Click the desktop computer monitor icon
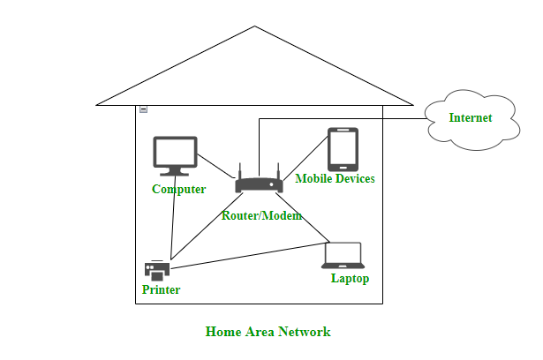pyautogui.click(x=174, y=155)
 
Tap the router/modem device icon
pyautogui.click(x=259, y=185)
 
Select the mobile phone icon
pyautogui.click(x=343, y=149)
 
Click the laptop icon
pyautogui.click(x=343, y=255)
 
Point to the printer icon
pyautogui.click(x=156, y=271)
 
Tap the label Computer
pyautogui.click(x=178, y=190)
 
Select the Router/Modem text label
pyautogui.click(x=261, y=216)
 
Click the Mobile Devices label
pyautogui.click(x=335, y=179)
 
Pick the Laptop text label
pyautogui.click(x=350, y=279)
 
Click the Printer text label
pyautogui.click(x=161, y=290)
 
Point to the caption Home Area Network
pyautogui.click(x=268, y=333)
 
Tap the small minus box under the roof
pyautogui.click(x=143, y=109)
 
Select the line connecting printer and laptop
pyautogui.click(x=247, y=255)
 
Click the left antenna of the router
pyautogui.click(x=239, y=170)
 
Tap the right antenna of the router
pyautogui.click(x=278, y=170)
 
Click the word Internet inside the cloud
pyautogui.click(x=470, y=117)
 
